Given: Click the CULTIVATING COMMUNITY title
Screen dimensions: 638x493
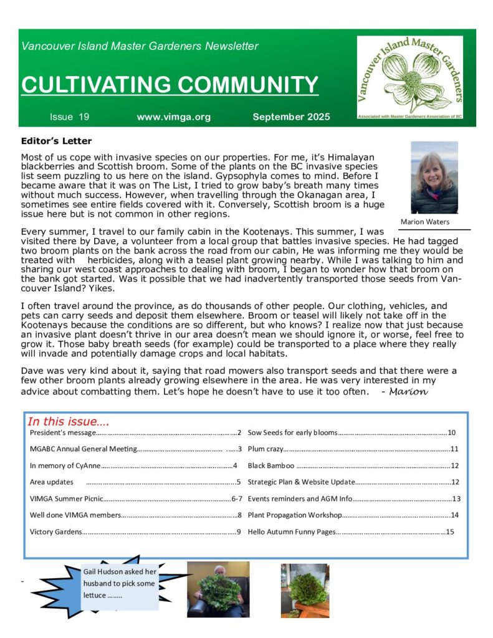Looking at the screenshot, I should [x=170, y=85].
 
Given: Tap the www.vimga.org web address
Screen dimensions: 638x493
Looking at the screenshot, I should [x=174, y=117].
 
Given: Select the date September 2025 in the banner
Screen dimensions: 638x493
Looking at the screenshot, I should [x=291, y=117].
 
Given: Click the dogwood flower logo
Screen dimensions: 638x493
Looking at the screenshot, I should [x=409, y=77].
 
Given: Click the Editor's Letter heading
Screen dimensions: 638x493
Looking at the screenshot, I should [x=56, y=141].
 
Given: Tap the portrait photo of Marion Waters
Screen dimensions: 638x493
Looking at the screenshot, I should [x=434, y=178].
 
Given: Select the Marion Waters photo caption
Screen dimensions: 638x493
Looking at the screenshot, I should [x=425, y=222].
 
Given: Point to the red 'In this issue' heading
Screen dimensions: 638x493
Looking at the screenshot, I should [x=69, y=422].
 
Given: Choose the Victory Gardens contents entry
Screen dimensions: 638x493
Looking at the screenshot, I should [x=56, y=532].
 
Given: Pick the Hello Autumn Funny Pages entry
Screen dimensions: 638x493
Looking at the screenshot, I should [x=291, y=532].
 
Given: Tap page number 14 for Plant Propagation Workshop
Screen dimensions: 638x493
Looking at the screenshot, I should [x=454, y=515].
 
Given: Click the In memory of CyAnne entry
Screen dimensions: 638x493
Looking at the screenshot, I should [x=65, y=465].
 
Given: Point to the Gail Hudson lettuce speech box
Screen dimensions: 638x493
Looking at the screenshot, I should [x=120, y=583].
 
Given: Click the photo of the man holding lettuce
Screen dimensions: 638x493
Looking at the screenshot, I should [x=218, y=589].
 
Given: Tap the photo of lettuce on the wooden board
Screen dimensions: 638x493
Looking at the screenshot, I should [x=305, y=590].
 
